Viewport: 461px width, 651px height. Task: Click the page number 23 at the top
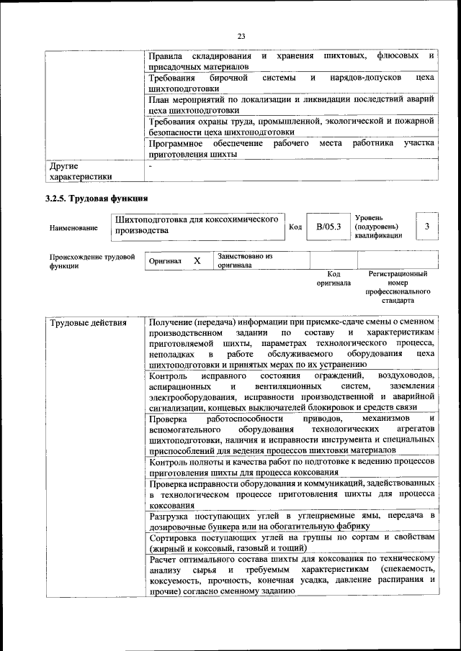241,36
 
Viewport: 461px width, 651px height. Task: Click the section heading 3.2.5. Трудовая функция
97,198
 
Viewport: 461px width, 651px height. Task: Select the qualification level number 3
427,227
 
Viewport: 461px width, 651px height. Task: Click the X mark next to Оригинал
196,261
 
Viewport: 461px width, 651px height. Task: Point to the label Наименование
73,228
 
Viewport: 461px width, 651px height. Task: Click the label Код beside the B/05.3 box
295,227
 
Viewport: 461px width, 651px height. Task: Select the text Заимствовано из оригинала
245,260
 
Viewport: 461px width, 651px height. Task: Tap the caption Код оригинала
334,279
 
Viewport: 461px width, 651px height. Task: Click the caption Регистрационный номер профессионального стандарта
398,288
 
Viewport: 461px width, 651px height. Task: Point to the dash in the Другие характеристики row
151,166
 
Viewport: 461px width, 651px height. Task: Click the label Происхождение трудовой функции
92,260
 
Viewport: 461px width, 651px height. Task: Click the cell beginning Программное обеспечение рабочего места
291,148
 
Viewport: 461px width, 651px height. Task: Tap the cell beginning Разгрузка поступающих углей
291,522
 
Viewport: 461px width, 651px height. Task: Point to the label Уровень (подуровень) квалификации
379,226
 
